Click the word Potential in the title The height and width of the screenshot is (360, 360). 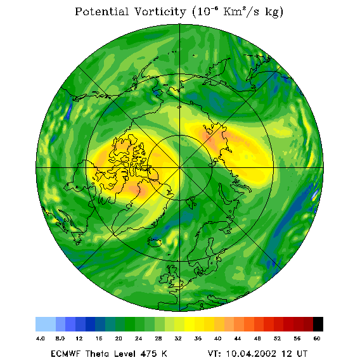[x=101, y=11]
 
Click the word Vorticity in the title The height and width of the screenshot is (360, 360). [x=160, y=11]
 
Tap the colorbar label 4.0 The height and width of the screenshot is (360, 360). [x=41, y=338]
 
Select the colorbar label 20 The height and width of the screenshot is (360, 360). [x=119, y=338]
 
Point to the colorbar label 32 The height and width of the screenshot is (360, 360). [x=178, y=338]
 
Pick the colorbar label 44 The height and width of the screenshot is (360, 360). [x=238, y=338]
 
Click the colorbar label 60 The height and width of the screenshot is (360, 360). [x=317, y=338]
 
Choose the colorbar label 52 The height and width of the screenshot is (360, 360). [x=277, y=338]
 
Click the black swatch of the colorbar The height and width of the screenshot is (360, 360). [x=318, y=324]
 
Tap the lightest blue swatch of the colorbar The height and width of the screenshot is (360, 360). [x=46, y=324]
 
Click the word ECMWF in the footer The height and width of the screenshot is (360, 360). [x=66, y=354]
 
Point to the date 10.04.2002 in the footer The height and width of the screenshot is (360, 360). [x=252, y=354]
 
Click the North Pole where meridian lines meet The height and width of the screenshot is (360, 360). [x=180, y=167]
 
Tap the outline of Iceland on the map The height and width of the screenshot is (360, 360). [x=154, y=242]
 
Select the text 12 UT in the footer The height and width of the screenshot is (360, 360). [x=295, y=354]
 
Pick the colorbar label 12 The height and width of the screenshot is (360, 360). [x=79, y=338]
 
